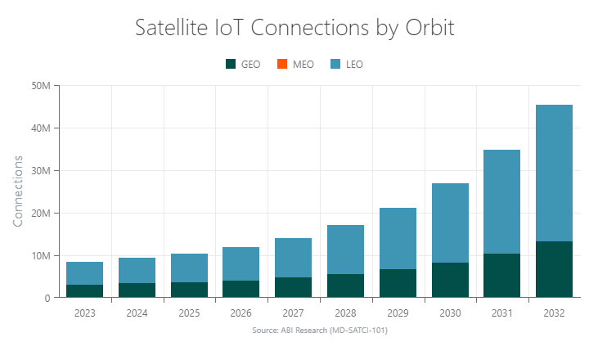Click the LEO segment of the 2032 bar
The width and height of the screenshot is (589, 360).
tap(554, 173)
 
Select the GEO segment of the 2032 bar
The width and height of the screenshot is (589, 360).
tap(554, 269)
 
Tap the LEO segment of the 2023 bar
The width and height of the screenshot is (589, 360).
tap(85, 273)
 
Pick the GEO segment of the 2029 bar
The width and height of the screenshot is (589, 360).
tap(398, 283)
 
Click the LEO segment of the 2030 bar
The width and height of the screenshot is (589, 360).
tap(450, 223)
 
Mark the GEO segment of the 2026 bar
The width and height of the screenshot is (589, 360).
tap(241, 289)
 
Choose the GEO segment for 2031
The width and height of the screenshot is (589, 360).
tap(501, 276)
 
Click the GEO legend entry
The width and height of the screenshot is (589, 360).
tap(242, 64)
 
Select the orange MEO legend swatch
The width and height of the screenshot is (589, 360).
tap(282, 64)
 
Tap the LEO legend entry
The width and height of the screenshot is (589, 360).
tap(347, 64)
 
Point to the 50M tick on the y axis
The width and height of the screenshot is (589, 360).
tap(41, 86)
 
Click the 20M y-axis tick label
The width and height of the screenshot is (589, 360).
tap(41, 213)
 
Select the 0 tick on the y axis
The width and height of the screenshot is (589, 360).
tap(47, 298)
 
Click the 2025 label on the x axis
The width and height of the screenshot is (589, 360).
tap(190, 313)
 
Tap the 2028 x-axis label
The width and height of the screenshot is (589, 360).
tap(345, 313)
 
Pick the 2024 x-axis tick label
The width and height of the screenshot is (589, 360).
tap(137, 313)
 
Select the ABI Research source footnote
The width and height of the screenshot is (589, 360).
tap(320, 331)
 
